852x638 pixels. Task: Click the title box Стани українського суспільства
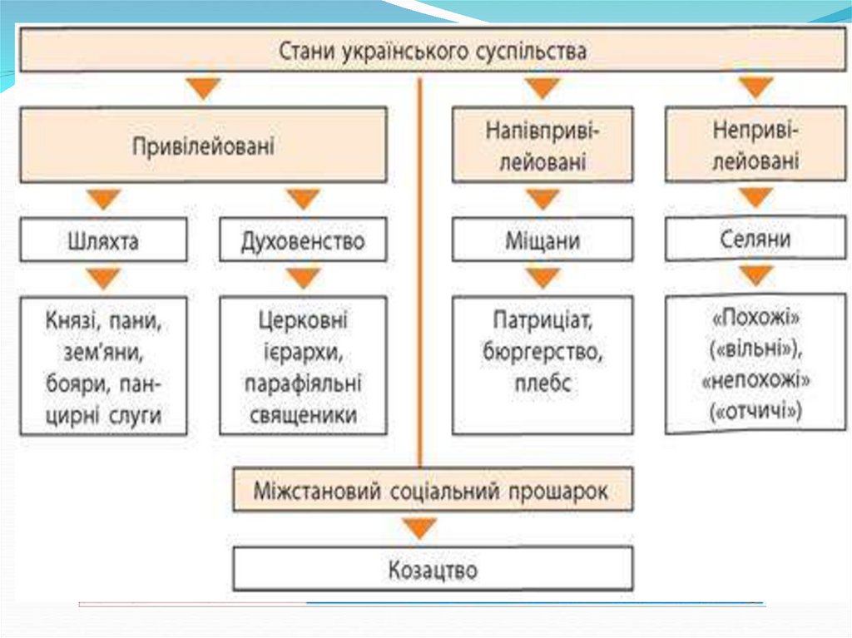point(432,52)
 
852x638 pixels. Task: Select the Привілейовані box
point(203,145)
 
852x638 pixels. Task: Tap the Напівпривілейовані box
point(542,145)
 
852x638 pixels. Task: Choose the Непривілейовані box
point(755,144)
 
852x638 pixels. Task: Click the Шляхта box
point(103,240)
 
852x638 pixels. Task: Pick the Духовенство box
point(303,240)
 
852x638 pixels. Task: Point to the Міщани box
point(542,240)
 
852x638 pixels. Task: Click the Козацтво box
point(433,570)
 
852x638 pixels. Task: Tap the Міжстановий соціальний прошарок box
point(433,491)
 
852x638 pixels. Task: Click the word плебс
point(542,384)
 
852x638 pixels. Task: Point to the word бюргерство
point(542,352)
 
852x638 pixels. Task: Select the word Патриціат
point(542,320)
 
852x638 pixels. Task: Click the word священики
point(303,415)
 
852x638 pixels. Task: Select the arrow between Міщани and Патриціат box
point(542,278)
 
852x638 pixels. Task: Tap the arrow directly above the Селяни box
point(755,198)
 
